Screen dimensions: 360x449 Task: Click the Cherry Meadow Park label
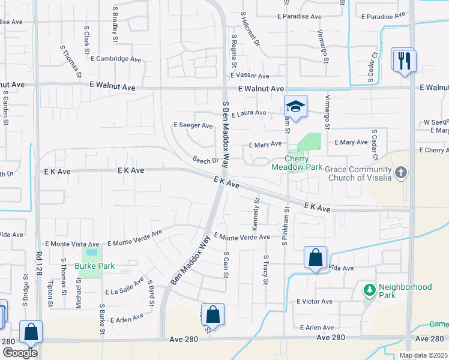point(297,163)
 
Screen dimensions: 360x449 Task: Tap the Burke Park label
point(94,265)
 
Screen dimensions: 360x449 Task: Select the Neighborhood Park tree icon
point(369,290)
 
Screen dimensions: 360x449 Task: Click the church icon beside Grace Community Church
point(402,174)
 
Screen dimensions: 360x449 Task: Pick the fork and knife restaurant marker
point(403,60)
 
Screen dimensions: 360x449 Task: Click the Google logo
point(19,353)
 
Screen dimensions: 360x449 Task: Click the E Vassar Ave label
point(250,76)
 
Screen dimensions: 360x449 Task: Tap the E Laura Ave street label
point(249,113)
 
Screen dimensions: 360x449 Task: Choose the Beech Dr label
point(205,161)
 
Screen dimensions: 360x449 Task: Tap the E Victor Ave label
point(314,301)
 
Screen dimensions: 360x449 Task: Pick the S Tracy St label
point(265,269)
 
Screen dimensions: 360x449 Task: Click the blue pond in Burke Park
point(92,252)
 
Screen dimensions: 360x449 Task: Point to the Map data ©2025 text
point(423,355)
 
